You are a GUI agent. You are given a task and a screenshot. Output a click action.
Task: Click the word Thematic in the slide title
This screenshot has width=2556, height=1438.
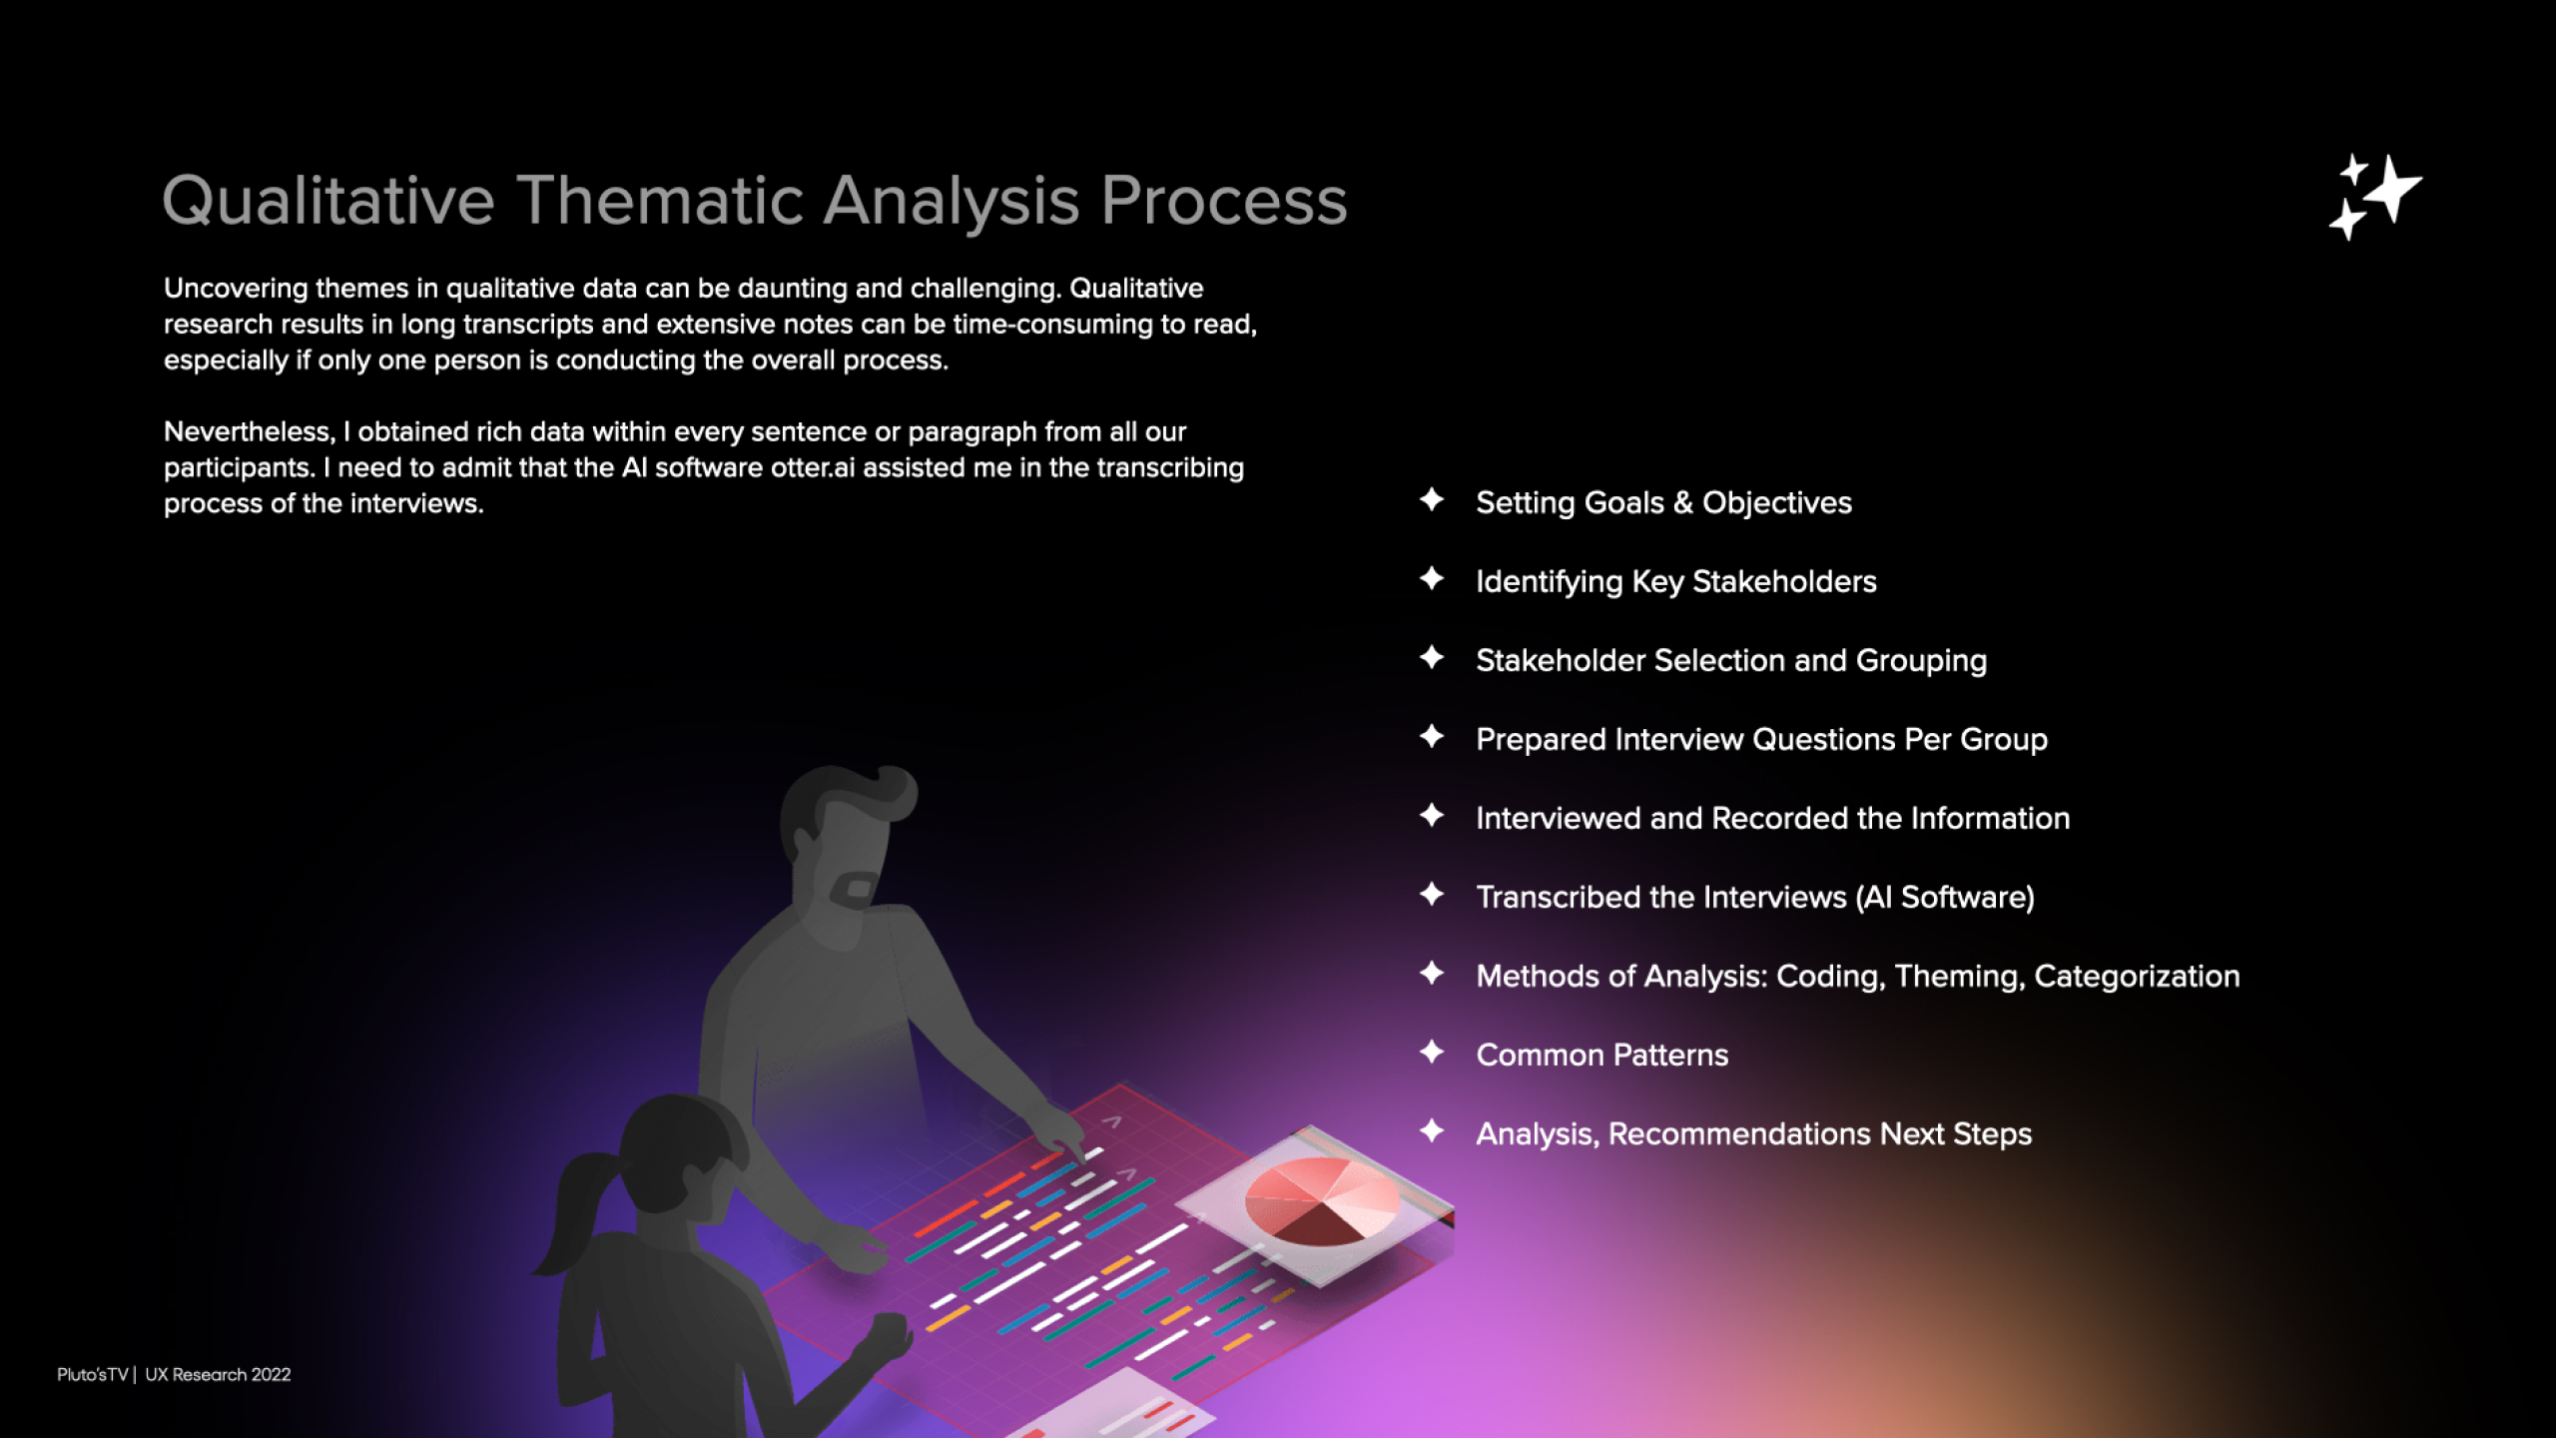(660, 200)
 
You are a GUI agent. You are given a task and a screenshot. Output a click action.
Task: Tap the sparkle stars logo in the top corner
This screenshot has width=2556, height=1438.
(2375, 197)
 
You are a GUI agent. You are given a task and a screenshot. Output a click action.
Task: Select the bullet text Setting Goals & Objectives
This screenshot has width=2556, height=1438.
(1663, 502)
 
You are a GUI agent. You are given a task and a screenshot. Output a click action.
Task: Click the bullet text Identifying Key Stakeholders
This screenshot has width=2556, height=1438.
(1676, 581)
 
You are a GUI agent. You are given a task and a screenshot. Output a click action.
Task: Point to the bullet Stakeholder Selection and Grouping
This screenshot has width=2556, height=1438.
(1731, 660)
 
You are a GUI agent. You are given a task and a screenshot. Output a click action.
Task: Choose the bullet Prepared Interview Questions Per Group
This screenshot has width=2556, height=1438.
(1761, 739)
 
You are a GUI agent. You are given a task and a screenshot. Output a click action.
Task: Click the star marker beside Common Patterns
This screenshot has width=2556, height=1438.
(1432, 1052)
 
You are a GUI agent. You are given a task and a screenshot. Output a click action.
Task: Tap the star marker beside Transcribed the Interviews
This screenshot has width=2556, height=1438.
(1432, 894)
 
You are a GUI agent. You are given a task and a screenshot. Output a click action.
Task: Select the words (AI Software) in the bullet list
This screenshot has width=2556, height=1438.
(1945, 897)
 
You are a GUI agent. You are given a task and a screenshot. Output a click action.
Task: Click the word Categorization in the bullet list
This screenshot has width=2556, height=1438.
(2137, 976)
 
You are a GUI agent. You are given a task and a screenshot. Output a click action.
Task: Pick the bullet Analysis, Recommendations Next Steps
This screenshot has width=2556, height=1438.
(1753, 1133)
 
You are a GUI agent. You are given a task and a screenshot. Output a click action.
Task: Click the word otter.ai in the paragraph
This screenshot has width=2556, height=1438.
(813, 467)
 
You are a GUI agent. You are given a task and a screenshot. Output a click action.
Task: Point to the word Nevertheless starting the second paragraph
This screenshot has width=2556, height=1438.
(249, 431)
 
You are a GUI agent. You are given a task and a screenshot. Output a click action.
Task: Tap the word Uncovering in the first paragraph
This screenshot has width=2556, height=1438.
(236, 289)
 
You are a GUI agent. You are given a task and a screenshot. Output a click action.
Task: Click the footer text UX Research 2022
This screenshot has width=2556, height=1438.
(218, 1374)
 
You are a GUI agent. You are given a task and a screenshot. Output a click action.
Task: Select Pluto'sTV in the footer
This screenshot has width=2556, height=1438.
(93, 1374)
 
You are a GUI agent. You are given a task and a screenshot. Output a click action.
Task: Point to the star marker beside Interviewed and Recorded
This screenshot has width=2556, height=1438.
(1432, 815)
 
